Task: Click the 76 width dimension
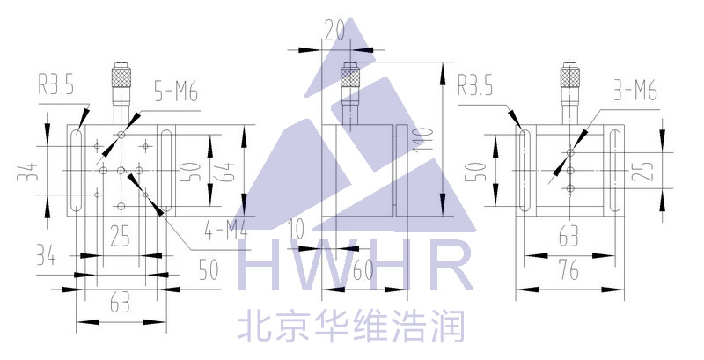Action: click(568, 271)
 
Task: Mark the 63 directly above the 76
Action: click(568, 236)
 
